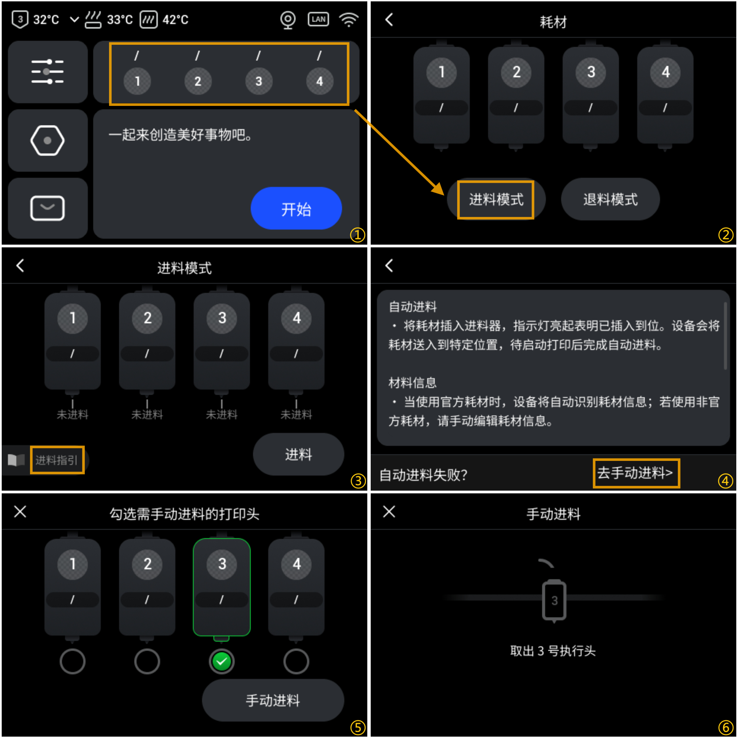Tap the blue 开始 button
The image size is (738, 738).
296,208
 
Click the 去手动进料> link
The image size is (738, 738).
635,473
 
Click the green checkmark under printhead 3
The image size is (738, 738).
221,661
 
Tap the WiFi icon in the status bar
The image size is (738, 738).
349,19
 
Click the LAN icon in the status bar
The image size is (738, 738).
318,19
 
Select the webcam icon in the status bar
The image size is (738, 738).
288,19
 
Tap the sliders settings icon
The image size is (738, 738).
47,72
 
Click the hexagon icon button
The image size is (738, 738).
47,140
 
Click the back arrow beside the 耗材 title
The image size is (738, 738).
389,20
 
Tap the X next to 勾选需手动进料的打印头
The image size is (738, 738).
20,511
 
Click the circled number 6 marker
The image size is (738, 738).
725,727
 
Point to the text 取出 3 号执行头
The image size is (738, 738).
553,651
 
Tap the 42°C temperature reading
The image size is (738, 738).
175,20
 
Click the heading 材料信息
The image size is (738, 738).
412,382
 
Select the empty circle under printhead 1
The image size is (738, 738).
72,661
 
